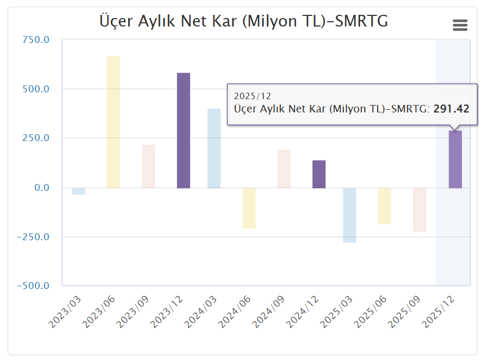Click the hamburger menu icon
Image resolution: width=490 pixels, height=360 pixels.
pos(460,25)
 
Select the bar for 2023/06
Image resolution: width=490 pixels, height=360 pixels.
pos(113,122)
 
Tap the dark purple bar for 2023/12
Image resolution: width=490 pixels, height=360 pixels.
pos(183,130)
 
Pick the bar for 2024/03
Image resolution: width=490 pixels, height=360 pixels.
pos(214,148)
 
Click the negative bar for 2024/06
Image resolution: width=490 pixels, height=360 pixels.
pos(249,208)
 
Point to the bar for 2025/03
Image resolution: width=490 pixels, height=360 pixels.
pos(350,215)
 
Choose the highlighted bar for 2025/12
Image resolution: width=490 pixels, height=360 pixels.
pos(455,159)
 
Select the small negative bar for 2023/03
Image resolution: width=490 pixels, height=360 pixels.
pos(78,191)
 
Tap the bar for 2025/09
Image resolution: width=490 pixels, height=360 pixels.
pos(420,209)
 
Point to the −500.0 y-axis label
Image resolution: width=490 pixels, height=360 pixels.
pos(33,286)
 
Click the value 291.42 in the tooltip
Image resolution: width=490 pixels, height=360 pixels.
pos(451,109)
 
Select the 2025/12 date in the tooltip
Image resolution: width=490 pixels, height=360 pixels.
pos(252,96)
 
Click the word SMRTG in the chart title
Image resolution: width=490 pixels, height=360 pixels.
pos(362,21)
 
